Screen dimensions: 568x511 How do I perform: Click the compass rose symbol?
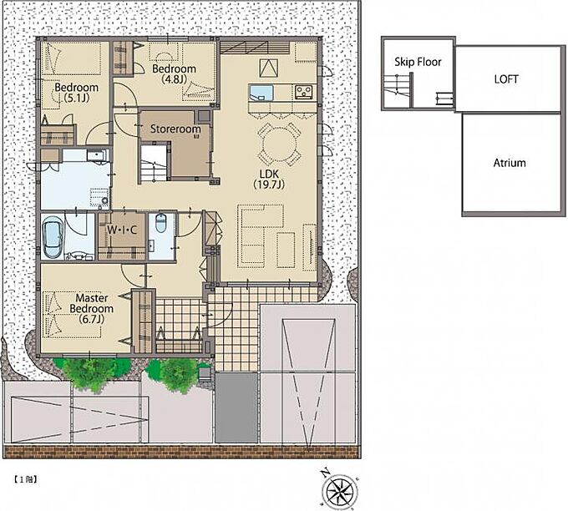[x=338, y=490]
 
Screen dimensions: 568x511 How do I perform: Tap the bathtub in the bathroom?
[x=53, y=237]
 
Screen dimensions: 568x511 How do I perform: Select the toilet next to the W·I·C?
[x=161, y=223]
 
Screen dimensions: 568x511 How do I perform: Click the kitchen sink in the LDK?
[x=261, y=93]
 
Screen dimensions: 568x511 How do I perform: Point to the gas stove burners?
[x=303, y=92]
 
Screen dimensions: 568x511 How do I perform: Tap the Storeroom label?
[x=175, y=129]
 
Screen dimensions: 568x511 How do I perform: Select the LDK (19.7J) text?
[x=269, y=179]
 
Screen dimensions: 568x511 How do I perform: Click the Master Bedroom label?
[x=92, y=309]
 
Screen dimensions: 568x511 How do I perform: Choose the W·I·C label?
[x=122, y=230]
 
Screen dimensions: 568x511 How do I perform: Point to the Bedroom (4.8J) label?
[x=175, y=73]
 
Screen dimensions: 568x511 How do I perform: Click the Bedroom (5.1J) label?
[x=77, y=93]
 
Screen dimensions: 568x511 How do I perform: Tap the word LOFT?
[x=506, y=79]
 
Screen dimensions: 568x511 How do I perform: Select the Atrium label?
[x=510, y=163]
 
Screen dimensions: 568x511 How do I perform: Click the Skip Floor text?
[x=418, y=62]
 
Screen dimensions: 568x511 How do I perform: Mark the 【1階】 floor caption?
[x=26, y=479]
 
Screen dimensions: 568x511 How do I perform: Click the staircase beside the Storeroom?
[x=155, y=162]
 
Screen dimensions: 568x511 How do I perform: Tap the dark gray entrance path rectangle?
[x=236, y=407]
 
